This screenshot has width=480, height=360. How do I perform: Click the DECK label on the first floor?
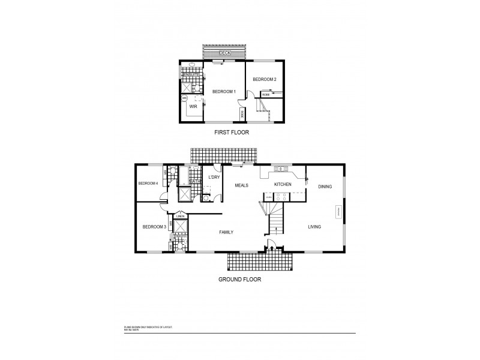pos(225,53)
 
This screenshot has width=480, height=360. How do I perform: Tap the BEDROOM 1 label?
pos(224,91)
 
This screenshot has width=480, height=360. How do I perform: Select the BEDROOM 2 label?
pos(264,80)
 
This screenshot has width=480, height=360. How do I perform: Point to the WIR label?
pos(193,106)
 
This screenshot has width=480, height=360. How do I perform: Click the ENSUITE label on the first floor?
pos(191,74)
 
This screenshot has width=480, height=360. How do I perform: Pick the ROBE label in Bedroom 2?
pos(265,93)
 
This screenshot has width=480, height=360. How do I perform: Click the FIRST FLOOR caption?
pos(232,132)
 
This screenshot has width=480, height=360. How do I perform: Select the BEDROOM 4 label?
pos(148,183)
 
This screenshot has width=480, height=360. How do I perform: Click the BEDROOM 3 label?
pos(154,227)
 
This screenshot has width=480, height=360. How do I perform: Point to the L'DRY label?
pos(213,178)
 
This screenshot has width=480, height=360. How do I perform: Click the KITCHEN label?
pos(283,184)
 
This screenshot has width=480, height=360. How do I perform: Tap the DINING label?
pos(325,187)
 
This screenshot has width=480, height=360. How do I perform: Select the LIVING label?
pos(314,227)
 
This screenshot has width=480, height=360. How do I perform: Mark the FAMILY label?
pos(226,232)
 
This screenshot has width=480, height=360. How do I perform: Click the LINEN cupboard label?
pos(180,216)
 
